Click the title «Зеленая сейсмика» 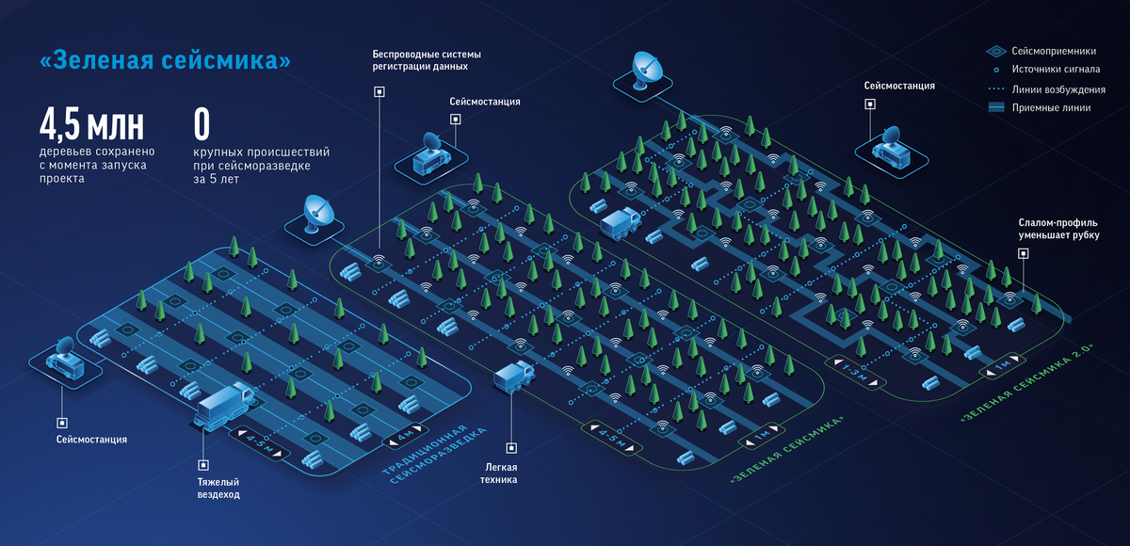165,61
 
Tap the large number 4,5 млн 91,124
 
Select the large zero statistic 201,124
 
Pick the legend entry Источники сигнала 1053,70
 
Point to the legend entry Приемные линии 1048,108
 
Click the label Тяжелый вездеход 218,488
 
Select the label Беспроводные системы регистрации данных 420,61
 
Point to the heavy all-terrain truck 224,406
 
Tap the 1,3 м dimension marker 852,371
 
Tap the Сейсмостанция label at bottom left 90,440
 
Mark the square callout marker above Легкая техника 509,448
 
